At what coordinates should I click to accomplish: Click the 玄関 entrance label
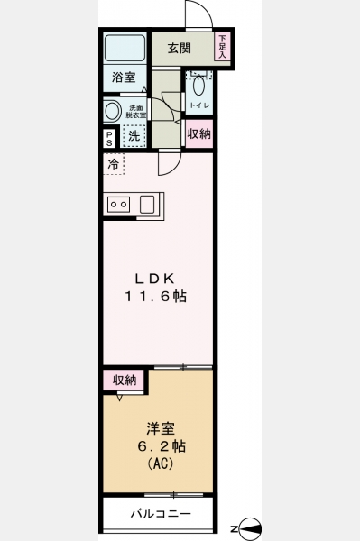(x=180, y=49)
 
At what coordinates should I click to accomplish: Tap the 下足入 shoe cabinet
(x=223, y=46)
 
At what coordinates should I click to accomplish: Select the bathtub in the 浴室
(x=125, y=48)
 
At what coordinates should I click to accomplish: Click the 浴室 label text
(x=124, y=78)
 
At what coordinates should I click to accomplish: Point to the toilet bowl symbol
(x=198, y=86)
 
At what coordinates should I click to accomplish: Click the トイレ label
(x=199, y=105)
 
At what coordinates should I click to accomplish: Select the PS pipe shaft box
(x=109, y=138)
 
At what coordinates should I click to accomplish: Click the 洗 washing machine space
(x=134, y=136)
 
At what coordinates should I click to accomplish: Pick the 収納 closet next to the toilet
(x=199, y=133)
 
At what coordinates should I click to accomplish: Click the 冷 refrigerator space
(x=114, y=164)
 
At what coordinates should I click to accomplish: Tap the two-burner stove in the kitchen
(x=118, y=205)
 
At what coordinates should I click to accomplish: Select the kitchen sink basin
(x=147, y=205)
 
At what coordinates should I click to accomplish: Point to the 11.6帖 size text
(x=156, y=297)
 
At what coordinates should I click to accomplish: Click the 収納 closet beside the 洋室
(x=125, y=381)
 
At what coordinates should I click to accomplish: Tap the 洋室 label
(x=161, y=428)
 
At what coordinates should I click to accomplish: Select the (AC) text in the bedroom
(x=161, y=463)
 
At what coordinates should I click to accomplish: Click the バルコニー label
(x=161, y=514)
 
